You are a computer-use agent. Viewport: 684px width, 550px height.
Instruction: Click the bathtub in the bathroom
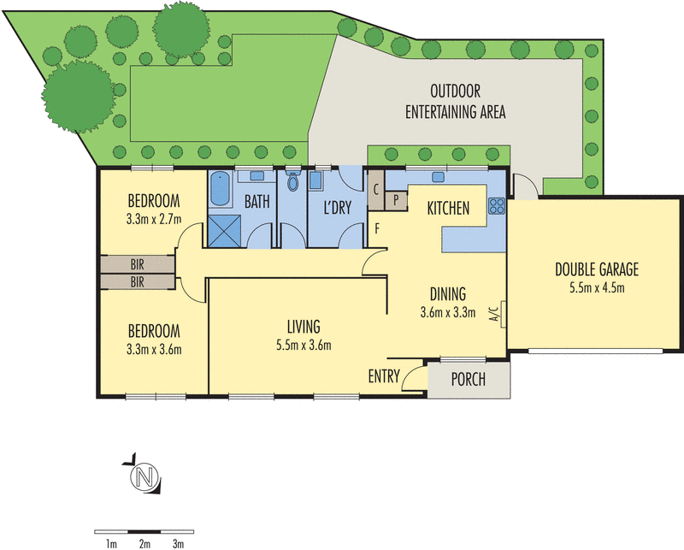(220, 189)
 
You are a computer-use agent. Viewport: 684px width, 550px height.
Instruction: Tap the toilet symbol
(292, 180)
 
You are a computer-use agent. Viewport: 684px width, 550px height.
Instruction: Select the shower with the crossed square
(223, 231)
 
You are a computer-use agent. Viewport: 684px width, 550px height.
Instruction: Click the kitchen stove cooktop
(497, 206)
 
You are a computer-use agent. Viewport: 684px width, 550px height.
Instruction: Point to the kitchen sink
(438, 177)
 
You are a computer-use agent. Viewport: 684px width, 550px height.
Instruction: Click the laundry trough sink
(315, 180)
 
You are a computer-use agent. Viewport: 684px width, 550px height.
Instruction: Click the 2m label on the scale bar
(144, 544)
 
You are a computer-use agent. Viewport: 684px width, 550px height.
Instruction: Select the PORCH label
(468, 379)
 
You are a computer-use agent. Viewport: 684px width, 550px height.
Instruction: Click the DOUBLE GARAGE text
(597, 269)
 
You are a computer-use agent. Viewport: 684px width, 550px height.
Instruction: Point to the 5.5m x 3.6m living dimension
(304, 346)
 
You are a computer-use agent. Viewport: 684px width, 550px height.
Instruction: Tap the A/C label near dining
(494, 314)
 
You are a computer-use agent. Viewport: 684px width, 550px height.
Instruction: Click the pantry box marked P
(396, 200)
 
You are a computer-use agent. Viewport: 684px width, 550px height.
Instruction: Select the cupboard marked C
(376, 190)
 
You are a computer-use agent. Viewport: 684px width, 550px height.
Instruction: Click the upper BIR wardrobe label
(137, 264)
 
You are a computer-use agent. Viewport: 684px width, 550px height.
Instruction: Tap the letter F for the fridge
(377, 228)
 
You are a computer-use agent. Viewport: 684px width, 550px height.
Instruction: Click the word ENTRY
(384, 376)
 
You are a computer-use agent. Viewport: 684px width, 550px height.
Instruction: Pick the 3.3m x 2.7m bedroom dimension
(154, 219)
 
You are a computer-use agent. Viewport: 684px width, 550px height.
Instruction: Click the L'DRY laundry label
(337, 207)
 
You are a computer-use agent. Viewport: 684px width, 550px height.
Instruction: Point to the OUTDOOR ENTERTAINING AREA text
(456, 102)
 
